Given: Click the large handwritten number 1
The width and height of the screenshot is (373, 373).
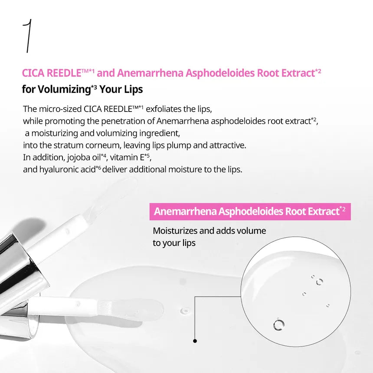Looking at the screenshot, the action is tap(28, 36).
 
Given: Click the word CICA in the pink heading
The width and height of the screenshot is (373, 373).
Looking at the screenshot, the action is tap(33, 73).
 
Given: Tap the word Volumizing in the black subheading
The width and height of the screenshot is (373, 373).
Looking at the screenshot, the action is tap(64, 89).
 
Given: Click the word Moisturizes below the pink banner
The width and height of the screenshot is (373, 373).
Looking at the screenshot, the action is tap(175, 231).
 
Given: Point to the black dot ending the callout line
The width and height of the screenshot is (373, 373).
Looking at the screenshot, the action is tap(195, 341).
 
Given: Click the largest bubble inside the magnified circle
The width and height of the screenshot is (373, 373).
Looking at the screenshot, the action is tap(279, 324).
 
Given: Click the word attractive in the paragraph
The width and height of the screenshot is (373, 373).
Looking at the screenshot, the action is tap(228, 145).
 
